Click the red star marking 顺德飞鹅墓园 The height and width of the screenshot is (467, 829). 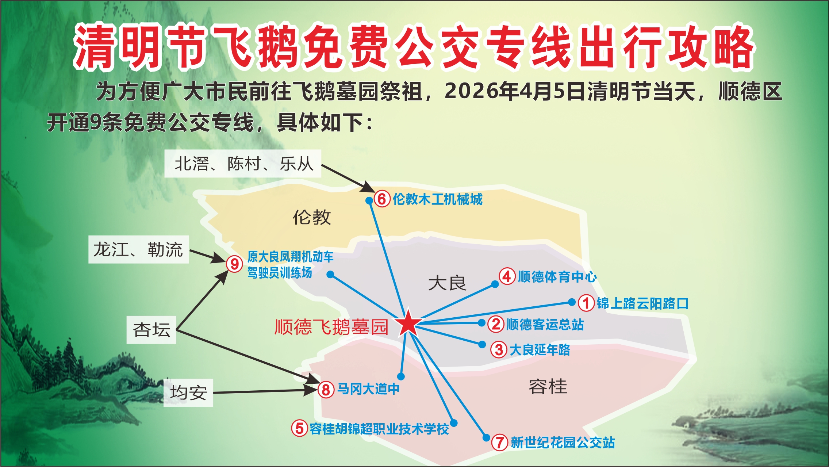click(x=408, y=323)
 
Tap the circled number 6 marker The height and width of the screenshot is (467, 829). click(x=382, y=199)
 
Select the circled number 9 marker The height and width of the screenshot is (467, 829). click(x=234, y=264)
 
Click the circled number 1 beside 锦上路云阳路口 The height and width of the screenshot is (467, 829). click(x=586, y=303)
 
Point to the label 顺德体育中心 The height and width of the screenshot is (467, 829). click(x=557, y=277)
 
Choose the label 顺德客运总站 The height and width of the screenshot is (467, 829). click(x=545, y=324)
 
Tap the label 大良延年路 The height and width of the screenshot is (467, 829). click(x=540, y=350)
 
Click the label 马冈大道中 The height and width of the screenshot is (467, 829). click(x=368, y=389)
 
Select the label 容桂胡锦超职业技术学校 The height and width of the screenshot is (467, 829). click(x=379, y=429)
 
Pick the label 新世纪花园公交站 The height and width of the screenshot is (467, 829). click(x=563, y=443)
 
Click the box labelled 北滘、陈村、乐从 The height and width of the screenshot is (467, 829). click(x=243, y=164)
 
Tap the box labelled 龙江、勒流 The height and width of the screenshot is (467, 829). click(x=139, y=249)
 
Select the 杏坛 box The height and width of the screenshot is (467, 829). click(x=151, y=330)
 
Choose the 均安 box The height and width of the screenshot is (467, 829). click(x=188, y=393)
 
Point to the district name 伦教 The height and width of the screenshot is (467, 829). click(x=312, y=217)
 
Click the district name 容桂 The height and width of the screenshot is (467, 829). click(x=548, y=387)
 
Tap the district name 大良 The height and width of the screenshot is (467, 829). click(x=447, y=283)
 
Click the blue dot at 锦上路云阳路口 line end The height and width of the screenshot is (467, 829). click(x=572, y=302)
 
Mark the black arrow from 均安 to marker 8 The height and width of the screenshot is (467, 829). click(x=266, y=391)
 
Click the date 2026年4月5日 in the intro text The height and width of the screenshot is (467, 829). click(x=516, y=91)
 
